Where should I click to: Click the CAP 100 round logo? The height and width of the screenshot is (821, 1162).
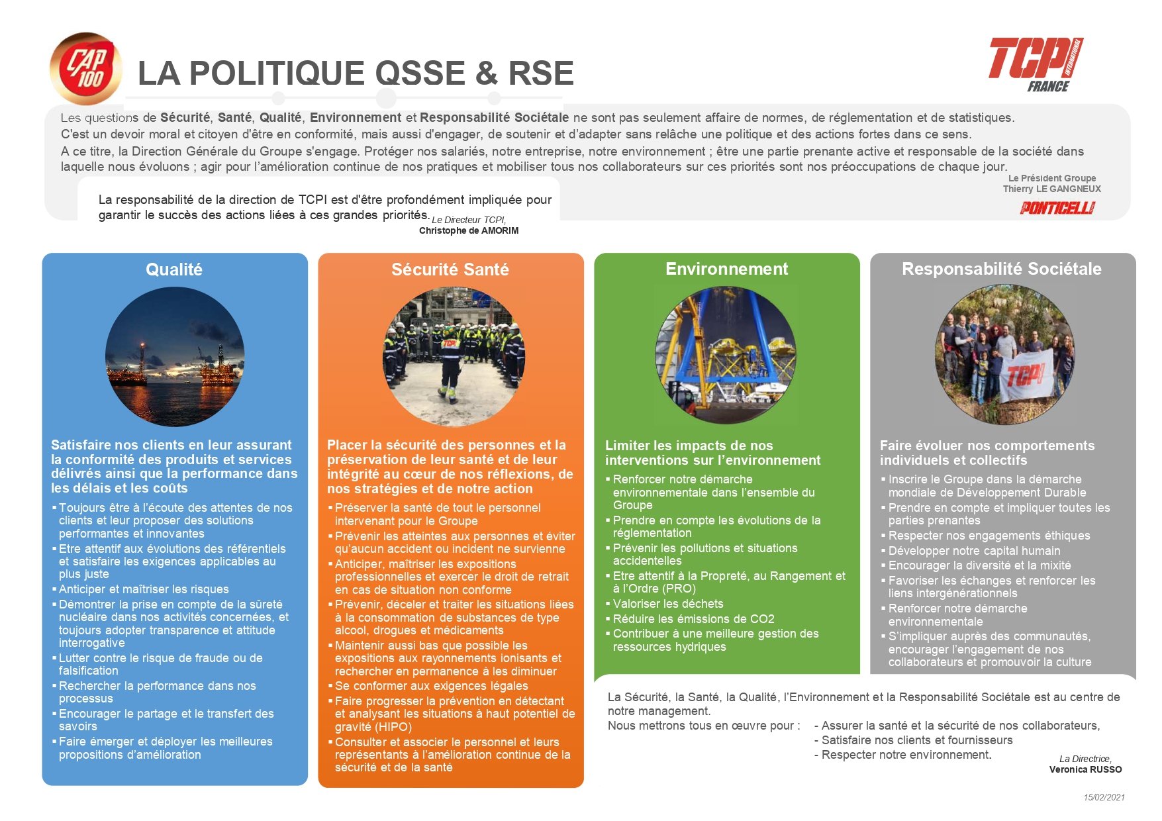click(86, 69)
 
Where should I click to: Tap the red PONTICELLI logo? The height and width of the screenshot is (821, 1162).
click(1057, 208)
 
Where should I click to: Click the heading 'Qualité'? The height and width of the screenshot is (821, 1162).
click(174, 269)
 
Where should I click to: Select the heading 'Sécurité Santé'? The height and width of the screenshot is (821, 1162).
click(450, 269)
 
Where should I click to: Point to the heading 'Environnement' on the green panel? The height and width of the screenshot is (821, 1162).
click(726, 269)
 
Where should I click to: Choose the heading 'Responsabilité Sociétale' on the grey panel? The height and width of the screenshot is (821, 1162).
click(1001, 269)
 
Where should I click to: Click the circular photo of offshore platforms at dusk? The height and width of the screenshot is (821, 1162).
click(175, 356)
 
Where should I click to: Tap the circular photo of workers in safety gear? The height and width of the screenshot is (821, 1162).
click(454, 356)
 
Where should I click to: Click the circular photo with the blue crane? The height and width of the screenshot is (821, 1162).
click(726, 355)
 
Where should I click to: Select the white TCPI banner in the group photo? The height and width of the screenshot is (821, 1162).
click(1026, 375)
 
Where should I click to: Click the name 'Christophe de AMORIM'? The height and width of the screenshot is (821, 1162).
click(469, 231)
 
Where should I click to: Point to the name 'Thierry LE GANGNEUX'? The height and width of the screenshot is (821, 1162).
click(1051, 189)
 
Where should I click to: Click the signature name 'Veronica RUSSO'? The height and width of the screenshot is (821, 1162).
click(1085, 769)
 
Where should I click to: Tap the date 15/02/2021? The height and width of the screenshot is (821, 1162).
click(1104, 797)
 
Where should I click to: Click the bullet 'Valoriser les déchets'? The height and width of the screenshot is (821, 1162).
click(667, 604)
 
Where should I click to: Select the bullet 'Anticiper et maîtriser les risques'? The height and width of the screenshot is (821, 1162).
click(144, 589)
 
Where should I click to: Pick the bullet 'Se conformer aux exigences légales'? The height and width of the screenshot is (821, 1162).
click(431, 686)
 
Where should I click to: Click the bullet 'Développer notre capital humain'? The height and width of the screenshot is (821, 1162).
click(974, 551)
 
